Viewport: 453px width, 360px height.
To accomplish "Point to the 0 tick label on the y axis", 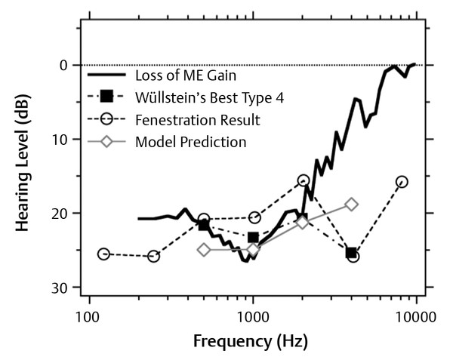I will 64,65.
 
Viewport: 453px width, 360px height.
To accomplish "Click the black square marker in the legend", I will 107,96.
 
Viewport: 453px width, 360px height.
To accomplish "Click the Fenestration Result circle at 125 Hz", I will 103,254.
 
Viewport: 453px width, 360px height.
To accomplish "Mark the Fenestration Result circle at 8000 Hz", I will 402,181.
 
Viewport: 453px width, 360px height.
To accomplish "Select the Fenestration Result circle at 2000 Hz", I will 304,180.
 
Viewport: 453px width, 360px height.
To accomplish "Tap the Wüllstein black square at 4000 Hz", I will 351,252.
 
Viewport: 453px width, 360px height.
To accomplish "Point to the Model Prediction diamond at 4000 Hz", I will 351,205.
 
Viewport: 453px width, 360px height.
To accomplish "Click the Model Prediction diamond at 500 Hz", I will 204,250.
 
